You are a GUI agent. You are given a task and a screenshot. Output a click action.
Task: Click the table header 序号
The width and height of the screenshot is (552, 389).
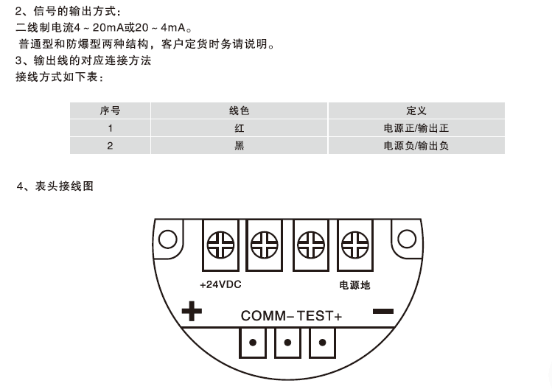pos(110,111)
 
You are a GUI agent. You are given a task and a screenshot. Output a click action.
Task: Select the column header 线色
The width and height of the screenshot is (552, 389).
pos(239,111)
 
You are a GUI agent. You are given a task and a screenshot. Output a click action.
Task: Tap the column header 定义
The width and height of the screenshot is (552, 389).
pos(416,111)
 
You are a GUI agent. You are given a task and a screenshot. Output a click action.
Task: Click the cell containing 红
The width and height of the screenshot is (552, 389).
pos(239,128)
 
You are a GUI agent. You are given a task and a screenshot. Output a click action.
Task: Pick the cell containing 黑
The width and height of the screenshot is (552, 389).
pos(239,145)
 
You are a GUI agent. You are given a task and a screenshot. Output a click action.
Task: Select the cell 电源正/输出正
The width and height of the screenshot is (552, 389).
pos(416,128)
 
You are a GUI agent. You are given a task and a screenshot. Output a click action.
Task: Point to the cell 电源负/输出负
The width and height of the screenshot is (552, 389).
pos(416,145)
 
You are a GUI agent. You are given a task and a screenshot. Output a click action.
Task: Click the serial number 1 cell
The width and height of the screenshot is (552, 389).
pos(110,128)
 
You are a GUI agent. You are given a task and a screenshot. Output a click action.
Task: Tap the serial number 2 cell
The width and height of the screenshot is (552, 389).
pos(110,145)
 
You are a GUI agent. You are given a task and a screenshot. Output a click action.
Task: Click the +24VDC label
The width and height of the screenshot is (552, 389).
pos(220,285)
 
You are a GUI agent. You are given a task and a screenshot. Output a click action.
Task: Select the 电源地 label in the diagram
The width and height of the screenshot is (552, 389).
pos(354,285)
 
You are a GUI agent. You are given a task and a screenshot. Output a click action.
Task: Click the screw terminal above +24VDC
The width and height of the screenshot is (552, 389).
pos(220,245)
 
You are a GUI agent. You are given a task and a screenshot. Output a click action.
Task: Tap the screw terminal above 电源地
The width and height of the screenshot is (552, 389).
pos(355,245)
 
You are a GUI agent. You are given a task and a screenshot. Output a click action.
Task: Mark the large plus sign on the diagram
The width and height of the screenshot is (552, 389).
pos(192,311)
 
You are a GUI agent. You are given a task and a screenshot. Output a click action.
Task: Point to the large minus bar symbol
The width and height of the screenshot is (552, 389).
pos(383,311)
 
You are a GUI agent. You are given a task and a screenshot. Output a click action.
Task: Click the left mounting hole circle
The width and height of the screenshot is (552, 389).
pos(167,239)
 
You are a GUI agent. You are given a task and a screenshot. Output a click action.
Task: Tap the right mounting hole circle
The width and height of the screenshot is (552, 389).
pos(407,239)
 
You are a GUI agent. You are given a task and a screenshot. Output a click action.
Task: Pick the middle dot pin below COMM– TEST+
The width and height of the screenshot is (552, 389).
pos(287,343)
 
